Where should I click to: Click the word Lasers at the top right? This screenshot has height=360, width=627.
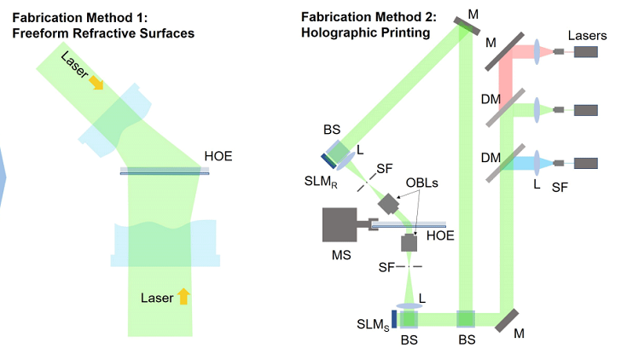587,35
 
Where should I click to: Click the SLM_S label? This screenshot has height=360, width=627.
374,325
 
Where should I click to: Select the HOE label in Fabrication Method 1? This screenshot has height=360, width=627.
218,157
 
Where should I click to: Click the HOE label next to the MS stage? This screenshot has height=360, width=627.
439,235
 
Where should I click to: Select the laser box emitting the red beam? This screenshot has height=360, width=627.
585,51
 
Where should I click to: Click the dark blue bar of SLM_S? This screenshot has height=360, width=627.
395,319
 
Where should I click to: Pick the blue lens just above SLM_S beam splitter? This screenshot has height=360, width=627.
409,305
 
